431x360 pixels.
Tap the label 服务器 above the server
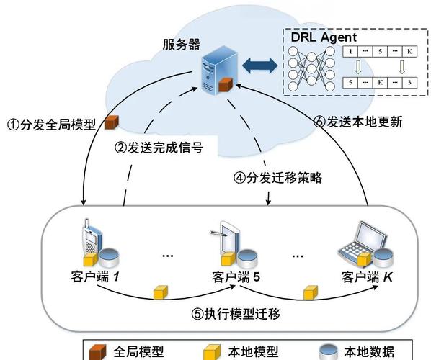tap(182, 44)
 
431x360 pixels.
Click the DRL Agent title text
tap(324, 37)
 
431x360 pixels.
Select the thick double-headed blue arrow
tap(259, 66)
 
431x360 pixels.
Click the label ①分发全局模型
tap(51, 125)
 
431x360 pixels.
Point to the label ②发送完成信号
tap(159, 148)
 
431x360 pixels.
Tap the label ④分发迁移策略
tap(277, 177)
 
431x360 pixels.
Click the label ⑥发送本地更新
tap(358, 122)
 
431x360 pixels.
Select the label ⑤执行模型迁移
tap(236, 314)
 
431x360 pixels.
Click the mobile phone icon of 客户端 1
tap(92, 239)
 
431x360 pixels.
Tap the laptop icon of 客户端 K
tap(362, 242)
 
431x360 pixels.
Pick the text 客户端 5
tap(236, 276)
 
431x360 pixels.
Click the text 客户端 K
tap(367, 276)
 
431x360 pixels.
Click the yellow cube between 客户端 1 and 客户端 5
tap(161, 292)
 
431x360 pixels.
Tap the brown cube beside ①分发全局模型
tap(111, 122)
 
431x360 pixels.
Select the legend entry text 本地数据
tap(369, 352)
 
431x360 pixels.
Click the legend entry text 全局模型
tap(138, 352)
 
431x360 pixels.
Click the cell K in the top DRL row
tap(409, 51)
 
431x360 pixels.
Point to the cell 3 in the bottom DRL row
tap(409, 82)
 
